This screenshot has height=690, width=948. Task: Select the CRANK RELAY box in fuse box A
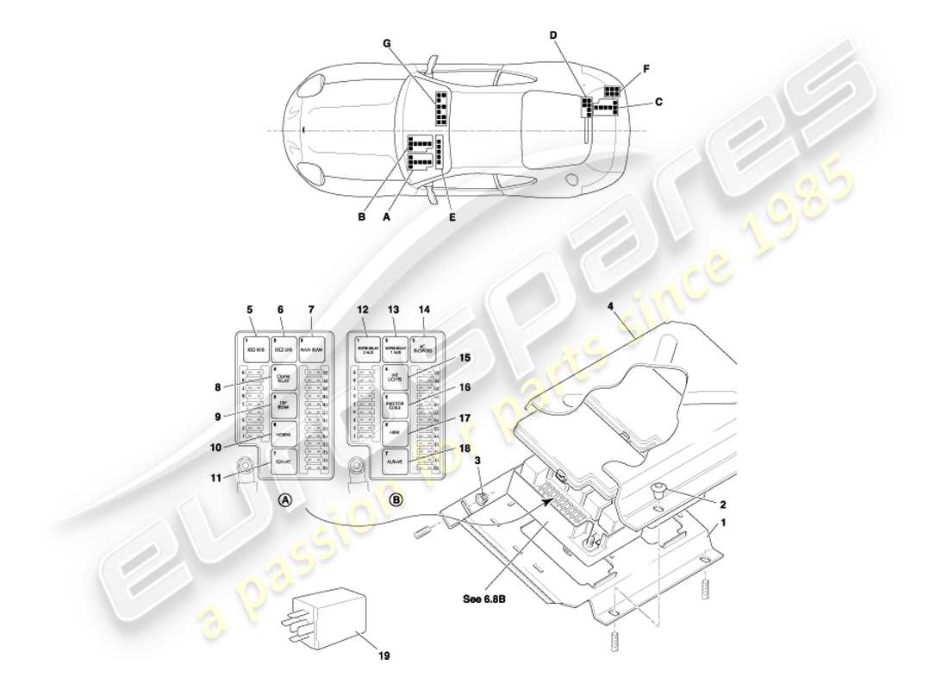coord(284,378)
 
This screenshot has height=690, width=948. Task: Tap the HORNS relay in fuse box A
coord(284,435)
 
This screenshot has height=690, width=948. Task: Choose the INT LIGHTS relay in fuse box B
coord(395,378)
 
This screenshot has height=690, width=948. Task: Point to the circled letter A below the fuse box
coord(285,499)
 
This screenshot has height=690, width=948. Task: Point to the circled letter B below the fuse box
coord(396,499)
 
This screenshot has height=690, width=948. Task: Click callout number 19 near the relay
coord(384,656)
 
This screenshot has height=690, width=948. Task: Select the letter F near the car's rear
coord(646,68)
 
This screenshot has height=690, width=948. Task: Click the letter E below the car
coord(452,217)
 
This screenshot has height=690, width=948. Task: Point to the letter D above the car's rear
coord(553,34)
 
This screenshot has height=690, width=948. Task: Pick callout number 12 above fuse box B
coord(363,310)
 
